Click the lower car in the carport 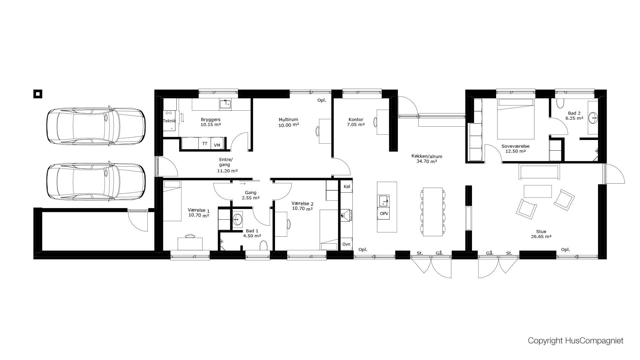tap(96, 182)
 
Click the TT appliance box tap(205, 143)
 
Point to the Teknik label tap(169, 121)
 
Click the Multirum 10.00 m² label tap(289, 122)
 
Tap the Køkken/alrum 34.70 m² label tap(427, 159)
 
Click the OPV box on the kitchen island tap(384, 214)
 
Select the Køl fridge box tap(347, 187)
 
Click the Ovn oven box tap(346, 244)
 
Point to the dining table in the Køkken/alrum tap(433, 212)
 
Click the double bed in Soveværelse tap(516, 119)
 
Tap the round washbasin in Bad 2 tap(593, 118)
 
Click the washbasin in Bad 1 tap(237, 219)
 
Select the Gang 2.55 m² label tap(251, 195)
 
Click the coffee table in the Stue tap(538, 191)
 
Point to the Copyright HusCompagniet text tap(575, 340)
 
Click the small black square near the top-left tap(38, 94)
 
